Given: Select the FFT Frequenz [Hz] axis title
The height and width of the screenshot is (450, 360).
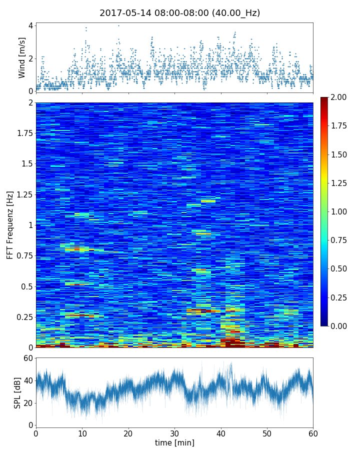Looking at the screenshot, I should (10, 225).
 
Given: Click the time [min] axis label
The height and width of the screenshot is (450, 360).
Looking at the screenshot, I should (174, 442).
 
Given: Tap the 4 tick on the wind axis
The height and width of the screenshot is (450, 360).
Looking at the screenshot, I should (30, 25).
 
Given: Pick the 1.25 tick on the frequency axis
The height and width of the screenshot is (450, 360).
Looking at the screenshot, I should (24, 194).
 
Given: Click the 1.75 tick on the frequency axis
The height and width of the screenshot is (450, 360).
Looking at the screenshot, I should (24, 133).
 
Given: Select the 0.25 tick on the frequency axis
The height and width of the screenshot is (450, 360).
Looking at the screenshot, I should (24, 317).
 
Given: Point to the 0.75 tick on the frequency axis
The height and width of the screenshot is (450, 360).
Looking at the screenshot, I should (24, 256).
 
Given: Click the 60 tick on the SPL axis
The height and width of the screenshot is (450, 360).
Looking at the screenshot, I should (28, 358).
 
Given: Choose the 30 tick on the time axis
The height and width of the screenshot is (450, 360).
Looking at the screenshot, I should (174, 433).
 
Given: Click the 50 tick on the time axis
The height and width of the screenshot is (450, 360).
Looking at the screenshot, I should (267, 433).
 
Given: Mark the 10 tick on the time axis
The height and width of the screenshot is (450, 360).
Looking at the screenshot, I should (82, 433).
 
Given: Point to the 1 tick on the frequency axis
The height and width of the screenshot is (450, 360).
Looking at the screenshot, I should (30, 225).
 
